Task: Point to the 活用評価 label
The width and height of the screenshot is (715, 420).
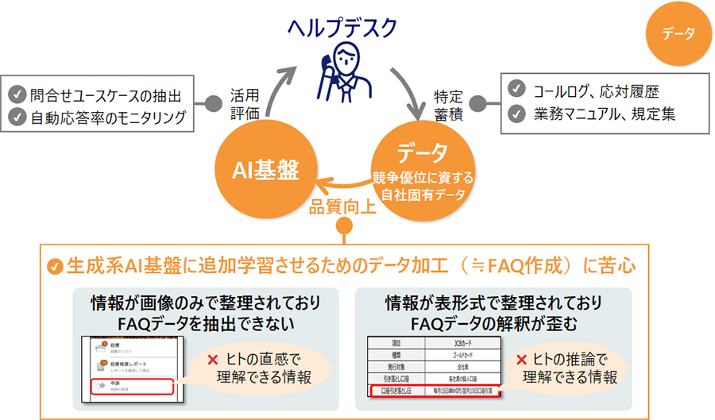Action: coord(244,102)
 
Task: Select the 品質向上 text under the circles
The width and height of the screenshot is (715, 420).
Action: coord(343,207)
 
